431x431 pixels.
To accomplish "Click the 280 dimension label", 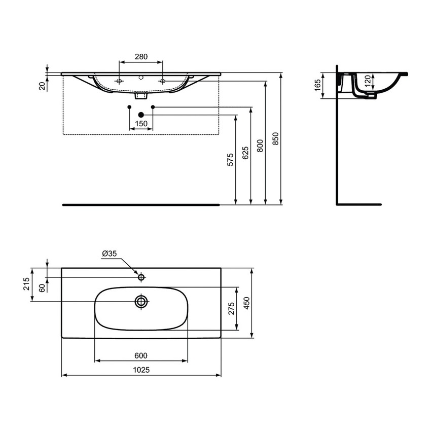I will (x=140, y=57).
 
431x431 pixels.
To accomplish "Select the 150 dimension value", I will (x=140, y=124).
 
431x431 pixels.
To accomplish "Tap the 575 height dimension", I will (x=230, y=160).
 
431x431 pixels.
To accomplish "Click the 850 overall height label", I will (x=275, y=138).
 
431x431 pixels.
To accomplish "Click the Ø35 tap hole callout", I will (x=110, y=254).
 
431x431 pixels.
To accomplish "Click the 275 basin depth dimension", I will (x=231, y=309).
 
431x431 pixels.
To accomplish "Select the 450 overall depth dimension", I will (x=246, y=303).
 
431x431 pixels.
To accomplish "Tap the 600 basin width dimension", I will (x=140, y=356).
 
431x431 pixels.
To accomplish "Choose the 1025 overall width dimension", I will (x=140, y=370).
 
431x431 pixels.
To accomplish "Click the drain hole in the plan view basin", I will (x=141, y=302).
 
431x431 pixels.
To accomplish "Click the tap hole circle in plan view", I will (x=141, y=277).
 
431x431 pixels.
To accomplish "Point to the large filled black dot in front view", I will (x=141, y=115).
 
